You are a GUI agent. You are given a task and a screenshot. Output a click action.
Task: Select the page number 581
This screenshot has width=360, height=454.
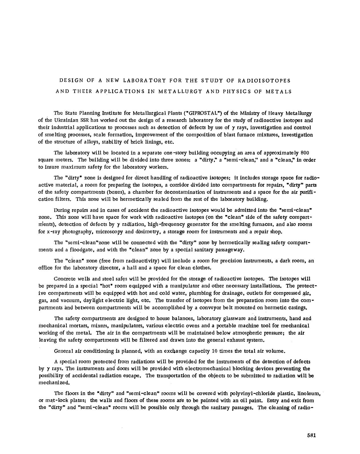[311, 435]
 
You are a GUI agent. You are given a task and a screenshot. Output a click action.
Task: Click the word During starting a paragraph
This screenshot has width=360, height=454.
[62, 210]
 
